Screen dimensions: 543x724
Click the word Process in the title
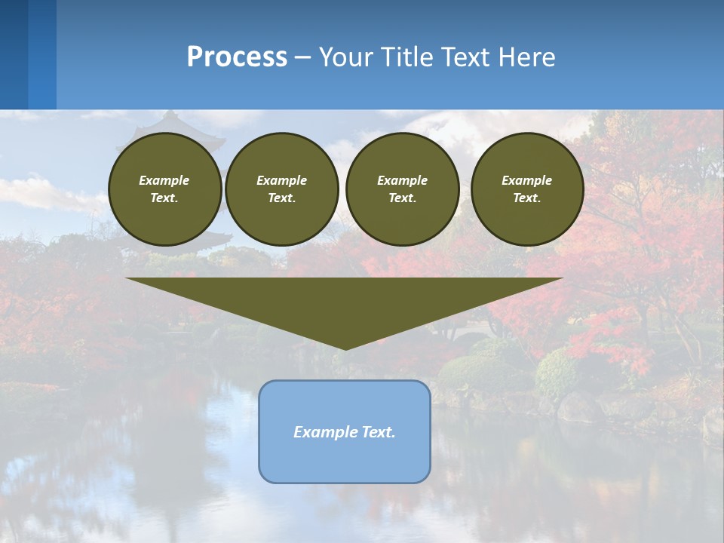point(237,57)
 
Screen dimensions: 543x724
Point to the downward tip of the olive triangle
point(345,348)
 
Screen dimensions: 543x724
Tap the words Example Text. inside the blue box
point(345,432)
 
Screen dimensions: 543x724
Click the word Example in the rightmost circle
point(526,180)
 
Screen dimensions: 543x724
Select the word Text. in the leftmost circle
point(164,198)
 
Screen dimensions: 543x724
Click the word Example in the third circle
point(402,180)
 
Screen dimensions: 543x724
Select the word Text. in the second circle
point(281,198)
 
